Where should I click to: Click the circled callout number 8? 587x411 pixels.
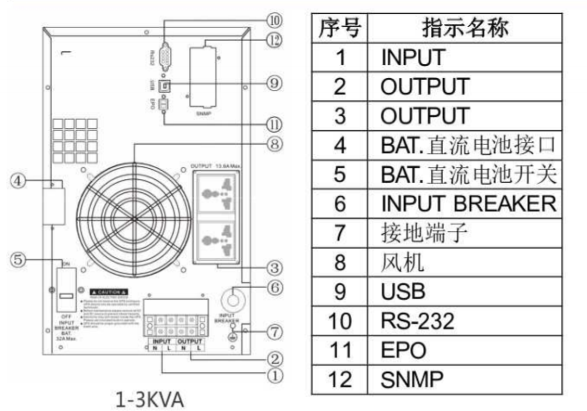point(272,143)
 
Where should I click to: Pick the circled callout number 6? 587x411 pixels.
point(272,288)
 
